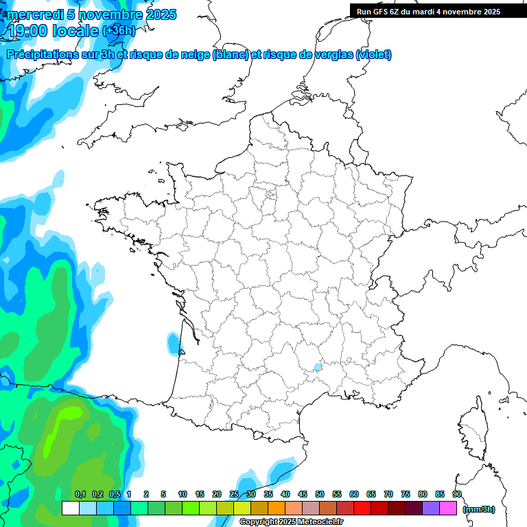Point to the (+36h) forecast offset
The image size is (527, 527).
tap(119, 31)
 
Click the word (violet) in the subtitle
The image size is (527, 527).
tap(374, 55)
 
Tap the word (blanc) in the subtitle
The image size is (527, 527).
tap(231, 55)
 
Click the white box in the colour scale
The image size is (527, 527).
tap(70, 508)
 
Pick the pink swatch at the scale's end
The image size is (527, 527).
tap(448, 508)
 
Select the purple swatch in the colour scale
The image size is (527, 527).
tap(431, 508)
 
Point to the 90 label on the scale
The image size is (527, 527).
tap(457, 494)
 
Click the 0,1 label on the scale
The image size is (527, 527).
tap(80, 494)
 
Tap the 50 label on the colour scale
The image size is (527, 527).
tap(320, 494)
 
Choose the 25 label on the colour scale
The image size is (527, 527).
tap(234, 494)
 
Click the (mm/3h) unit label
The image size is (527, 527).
tap(479, 509)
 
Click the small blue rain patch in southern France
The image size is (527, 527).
tap(316, 367)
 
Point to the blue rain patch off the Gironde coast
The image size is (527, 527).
tap(173, 343)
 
